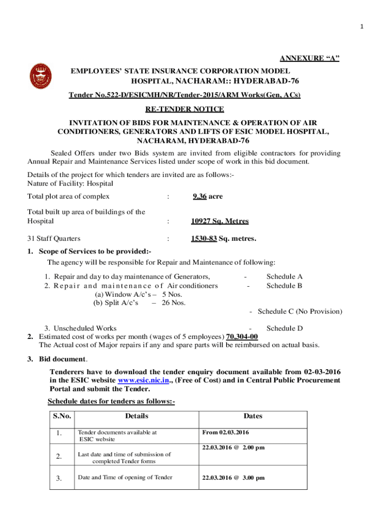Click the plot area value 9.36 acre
pos(207,196)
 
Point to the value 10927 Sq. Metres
pos(220,221)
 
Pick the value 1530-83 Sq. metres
pos(223,239)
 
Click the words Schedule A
pos(284,276)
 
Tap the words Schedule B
pos(284,286)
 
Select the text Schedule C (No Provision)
pos(300,311)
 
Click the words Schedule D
pos(284,328)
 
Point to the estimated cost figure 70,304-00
pos(243,336)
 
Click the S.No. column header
pos(62,416)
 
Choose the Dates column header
pos(253,416)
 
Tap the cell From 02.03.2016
pos(226,432)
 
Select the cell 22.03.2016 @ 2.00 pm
pos(233,447)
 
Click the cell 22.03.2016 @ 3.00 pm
pos(233,478)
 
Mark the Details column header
pos(137,416)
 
